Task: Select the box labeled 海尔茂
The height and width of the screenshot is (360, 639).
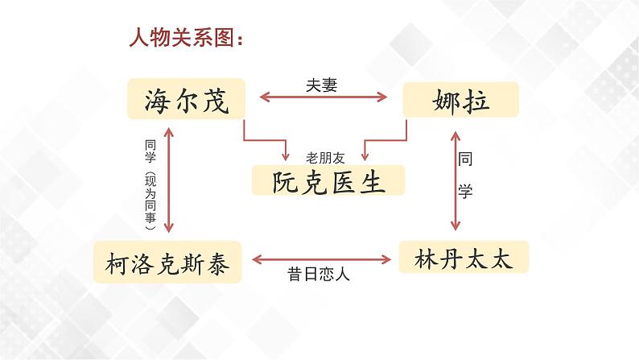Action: click(186, 101)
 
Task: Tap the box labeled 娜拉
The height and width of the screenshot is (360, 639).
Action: click(460, 101)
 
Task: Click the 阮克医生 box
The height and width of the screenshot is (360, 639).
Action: click(328, 181)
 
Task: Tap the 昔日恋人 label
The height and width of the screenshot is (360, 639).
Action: click(319, 274)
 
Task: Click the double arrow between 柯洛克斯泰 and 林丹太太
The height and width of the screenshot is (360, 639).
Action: click(322, 259)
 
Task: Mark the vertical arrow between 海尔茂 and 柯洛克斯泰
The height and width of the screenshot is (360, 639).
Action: click(167, 179)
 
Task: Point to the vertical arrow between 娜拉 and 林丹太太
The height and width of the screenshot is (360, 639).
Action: click(456, 179)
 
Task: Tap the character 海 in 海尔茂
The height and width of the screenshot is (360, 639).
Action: click(158, 101)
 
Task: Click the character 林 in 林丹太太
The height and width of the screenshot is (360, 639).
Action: click(423, 259)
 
